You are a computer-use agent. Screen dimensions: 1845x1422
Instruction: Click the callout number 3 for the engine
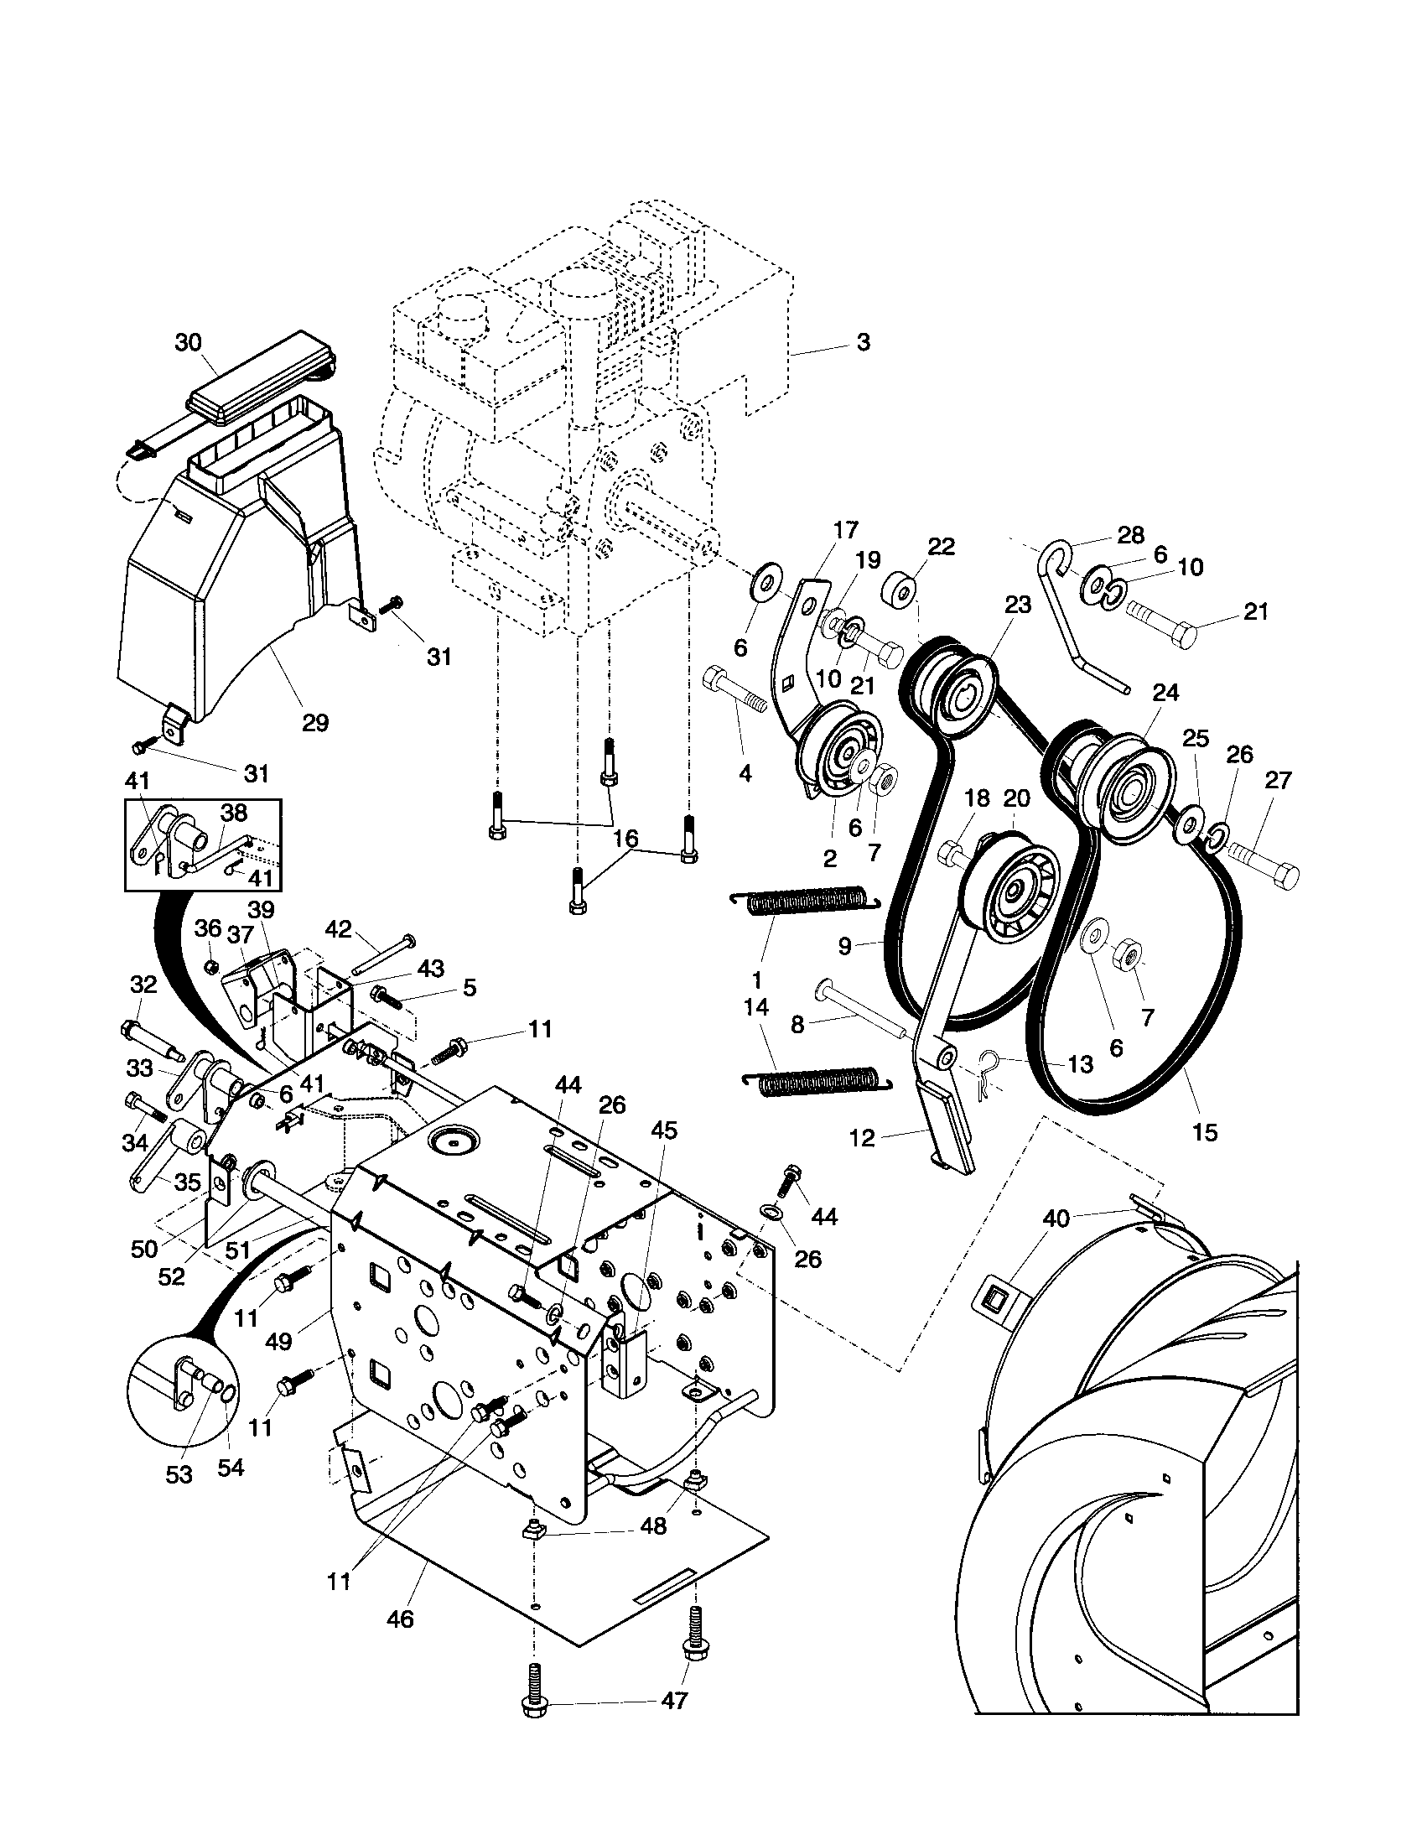(x=863, y=343)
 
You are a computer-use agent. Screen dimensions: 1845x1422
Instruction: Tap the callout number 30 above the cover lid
(x=189, y=342)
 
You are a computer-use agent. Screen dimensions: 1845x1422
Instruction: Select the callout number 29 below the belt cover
(x=315, y=723)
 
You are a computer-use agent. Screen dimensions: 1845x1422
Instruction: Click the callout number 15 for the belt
(x=1204, y=1132)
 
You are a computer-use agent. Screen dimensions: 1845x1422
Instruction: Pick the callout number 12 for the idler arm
(x=862, y=1139)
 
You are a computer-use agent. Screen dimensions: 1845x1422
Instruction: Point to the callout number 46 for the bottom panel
(x=400, y=1619)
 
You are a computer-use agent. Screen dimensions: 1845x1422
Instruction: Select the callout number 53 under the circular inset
(x=180, y=1475)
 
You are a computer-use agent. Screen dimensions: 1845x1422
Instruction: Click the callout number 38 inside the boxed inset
(x=234, y=813)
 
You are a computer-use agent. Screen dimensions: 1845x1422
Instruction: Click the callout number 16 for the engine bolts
(x=625, y=839)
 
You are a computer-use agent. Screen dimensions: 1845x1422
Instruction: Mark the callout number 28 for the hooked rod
(x=1131, y=535)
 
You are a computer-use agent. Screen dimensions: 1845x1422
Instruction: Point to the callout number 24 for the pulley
(x=1165, y=694)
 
